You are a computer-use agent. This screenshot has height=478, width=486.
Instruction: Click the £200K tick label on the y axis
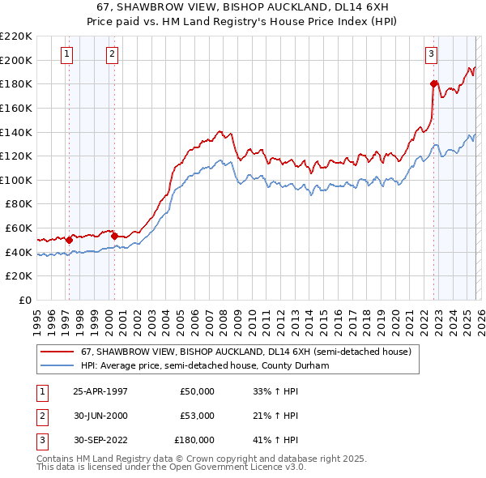[16, 60]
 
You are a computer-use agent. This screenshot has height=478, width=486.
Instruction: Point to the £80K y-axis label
[19, 204]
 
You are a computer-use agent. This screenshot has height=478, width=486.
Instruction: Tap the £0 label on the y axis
[25, 301]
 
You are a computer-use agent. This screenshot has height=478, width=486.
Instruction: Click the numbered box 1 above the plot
[66, 54]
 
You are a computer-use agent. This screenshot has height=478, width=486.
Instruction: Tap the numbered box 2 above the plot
[111, 54]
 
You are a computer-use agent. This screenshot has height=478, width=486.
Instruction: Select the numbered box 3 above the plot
[431, 54]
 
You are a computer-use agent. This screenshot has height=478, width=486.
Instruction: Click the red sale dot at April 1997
[70, 240]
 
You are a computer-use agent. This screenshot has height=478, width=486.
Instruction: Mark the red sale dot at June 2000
[115, 236]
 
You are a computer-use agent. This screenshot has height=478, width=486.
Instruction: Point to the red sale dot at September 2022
[434, 83]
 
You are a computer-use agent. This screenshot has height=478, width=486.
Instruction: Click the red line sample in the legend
[58, 352]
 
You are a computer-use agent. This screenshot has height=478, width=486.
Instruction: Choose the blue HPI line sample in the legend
[58, 365]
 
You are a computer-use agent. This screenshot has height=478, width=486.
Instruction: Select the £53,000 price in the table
[198, 416]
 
